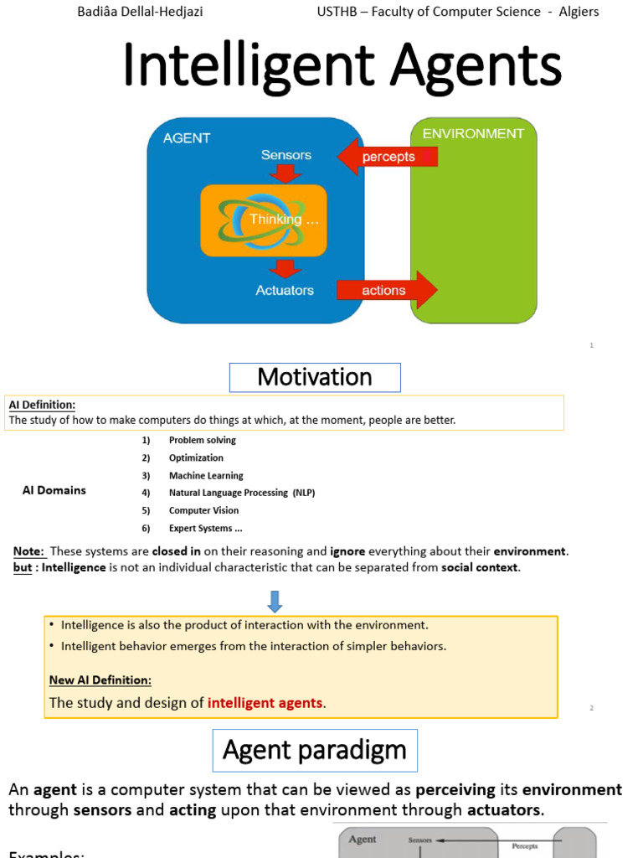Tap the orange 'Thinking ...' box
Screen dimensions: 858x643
264,220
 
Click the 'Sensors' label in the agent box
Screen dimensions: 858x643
285,155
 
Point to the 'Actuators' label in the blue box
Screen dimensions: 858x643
285,290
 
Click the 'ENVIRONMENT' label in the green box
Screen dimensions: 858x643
473,134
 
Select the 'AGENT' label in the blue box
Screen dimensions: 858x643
187,138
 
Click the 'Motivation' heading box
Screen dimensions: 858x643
315,377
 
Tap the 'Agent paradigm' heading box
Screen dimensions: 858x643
315,750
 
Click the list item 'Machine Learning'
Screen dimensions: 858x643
206,475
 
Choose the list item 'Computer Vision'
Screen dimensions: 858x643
203,510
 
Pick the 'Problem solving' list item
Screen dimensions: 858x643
203,440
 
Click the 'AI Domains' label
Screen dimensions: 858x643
54,490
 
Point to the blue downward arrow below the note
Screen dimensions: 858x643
275,600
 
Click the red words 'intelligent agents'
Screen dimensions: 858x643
265,703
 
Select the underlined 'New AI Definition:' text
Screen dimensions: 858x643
100,680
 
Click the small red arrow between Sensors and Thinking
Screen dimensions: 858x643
285,173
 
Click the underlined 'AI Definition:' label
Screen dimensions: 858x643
43,405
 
